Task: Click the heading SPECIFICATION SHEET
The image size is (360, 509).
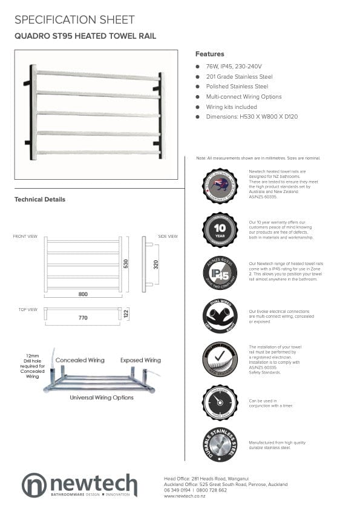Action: pos(74,20)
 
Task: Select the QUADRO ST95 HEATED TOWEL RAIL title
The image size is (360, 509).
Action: pos(85,36)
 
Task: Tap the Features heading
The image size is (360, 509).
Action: pos(209,54)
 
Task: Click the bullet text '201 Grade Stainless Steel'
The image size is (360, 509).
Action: pos(239,77)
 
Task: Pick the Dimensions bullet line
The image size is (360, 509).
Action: pos(252,116)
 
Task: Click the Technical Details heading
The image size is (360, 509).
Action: pos(40,199)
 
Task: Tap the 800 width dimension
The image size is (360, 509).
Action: pos(83,294)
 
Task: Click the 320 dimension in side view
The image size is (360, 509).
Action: pos(155,264)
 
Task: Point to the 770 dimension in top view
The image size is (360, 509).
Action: pos(83,317)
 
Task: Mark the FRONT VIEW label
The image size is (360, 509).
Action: pos(25,236)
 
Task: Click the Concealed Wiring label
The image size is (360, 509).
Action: pos(80,360)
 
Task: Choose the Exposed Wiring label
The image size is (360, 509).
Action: pos(140,360)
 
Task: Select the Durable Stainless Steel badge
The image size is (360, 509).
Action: pos(220,445)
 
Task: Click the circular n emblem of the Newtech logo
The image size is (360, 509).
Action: pos(34,485)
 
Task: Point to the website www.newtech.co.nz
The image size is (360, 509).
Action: pos(185,496)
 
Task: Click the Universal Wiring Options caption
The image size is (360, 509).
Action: pos(102,398)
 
